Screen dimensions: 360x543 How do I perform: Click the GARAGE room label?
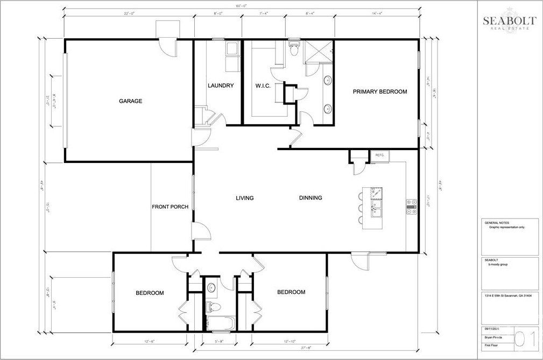click(130, 101)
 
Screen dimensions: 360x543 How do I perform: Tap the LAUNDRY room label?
click(221, 86)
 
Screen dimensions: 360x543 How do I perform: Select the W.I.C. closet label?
click(263, 86)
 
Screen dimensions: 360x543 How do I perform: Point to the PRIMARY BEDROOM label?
click(379, 91)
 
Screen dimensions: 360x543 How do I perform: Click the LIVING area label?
click(244, 198)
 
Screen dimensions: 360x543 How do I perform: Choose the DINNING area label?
click(311, 198)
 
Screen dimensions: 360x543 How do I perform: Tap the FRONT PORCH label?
click(170, 207)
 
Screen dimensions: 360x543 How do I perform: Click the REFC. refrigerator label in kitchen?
click(380, 156)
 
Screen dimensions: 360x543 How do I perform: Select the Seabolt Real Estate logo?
click(509, 23)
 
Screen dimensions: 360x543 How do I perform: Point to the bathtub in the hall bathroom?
click(221, 324)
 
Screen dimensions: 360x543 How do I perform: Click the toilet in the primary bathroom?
click(293, 50)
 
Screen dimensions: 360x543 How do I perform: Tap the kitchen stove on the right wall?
click(412, 207)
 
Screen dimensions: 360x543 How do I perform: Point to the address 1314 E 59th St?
click(509, 295)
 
